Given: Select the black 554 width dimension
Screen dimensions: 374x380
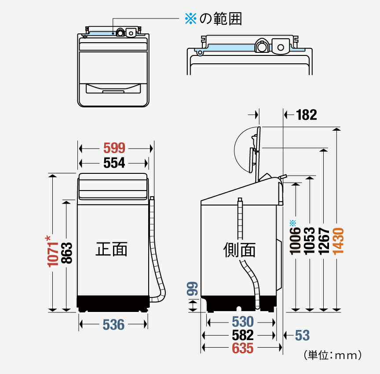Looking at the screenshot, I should click(114, 163).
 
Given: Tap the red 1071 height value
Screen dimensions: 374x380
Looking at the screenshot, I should click(53, 252).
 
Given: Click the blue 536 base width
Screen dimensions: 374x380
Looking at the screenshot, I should click(113, 325).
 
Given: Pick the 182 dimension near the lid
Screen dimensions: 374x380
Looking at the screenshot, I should click(306, 115).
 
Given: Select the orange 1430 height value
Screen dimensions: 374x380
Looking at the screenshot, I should click(338, 241).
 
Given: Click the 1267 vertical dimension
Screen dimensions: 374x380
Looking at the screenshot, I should click(324, 241).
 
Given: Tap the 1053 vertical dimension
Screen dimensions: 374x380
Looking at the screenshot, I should click(311, 241).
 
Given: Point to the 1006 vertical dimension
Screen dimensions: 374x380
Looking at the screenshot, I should click(296, 241).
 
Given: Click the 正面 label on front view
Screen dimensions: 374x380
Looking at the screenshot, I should click(112, 249).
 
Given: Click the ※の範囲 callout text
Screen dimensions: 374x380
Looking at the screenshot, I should click(213, 19).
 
